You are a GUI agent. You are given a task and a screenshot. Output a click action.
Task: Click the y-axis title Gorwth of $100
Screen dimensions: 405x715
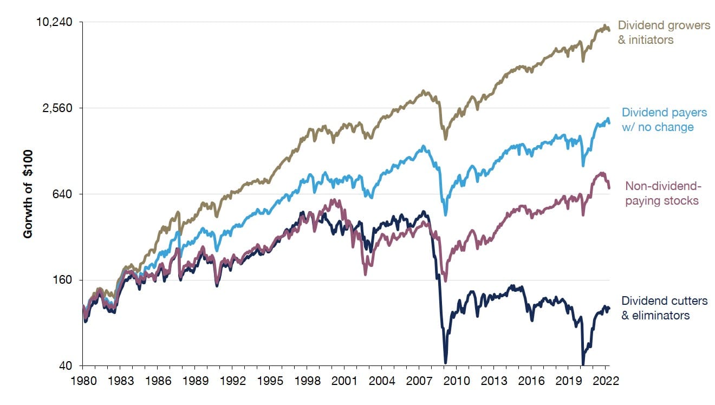pyautogui.click(x=28, y=194)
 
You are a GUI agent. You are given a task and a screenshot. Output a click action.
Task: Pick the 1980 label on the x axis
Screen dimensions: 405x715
pyautogui.click(x=82, y=380)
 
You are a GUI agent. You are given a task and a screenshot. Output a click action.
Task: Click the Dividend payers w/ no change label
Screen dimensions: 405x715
pyautogui.click(x=664, y=120)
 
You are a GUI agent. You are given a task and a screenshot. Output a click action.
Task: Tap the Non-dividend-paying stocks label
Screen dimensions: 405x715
pyautogui.click(x=663, y=193)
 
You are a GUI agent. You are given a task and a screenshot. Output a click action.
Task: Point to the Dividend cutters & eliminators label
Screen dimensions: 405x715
pyautogui.click(x=664, y=308)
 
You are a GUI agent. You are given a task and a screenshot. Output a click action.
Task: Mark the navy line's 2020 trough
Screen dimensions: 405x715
pyautogui.click(x=583, y=364)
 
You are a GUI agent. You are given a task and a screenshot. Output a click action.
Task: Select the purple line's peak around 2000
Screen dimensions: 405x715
pyautogui.click(x=333, y=200)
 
